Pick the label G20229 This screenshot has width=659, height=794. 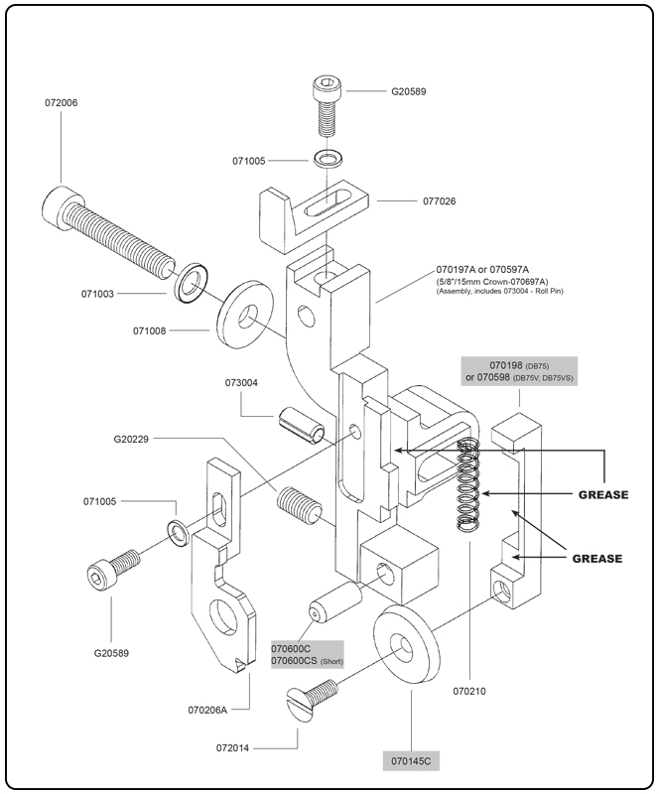point(133,437)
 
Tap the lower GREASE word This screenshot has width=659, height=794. point(596,559)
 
